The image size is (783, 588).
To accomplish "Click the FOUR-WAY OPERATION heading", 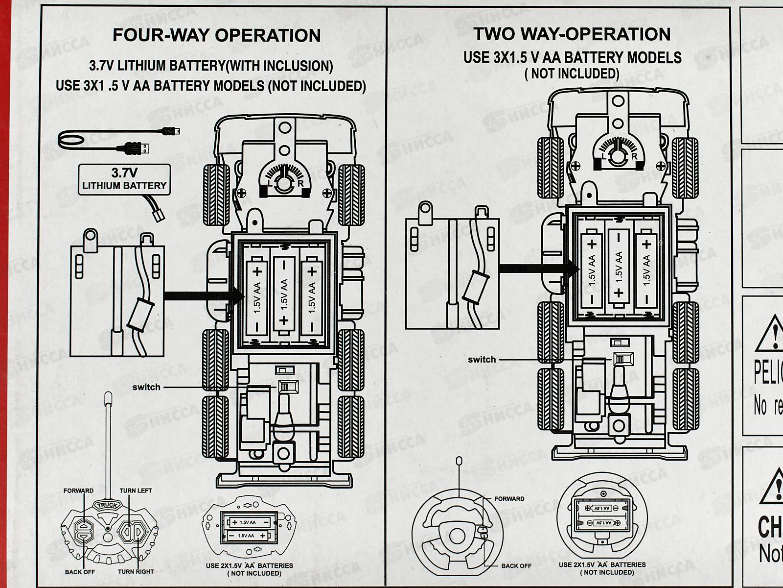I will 216,36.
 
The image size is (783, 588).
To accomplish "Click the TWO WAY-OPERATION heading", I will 572,34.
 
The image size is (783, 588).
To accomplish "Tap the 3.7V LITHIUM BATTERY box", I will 124,180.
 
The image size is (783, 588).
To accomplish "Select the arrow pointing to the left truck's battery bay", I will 203,295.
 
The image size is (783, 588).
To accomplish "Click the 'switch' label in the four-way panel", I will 146,387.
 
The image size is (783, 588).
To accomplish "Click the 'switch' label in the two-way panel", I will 482,359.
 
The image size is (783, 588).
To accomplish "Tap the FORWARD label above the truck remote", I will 78,490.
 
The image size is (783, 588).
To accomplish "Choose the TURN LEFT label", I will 136,490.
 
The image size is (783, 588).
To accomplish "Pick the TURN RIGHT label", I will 136,571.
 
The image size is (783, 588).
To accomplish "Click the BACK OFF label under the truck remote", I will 80,571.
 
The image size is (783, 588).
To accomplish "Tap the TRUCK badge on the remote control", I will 107,506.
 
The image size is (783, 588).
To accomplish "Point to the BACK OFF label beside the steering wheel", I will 516,565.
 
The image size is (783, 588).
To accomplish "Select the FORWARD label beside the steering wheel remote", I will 509,499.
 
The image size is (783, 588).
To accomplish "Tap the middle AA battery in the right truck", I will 619,266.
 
